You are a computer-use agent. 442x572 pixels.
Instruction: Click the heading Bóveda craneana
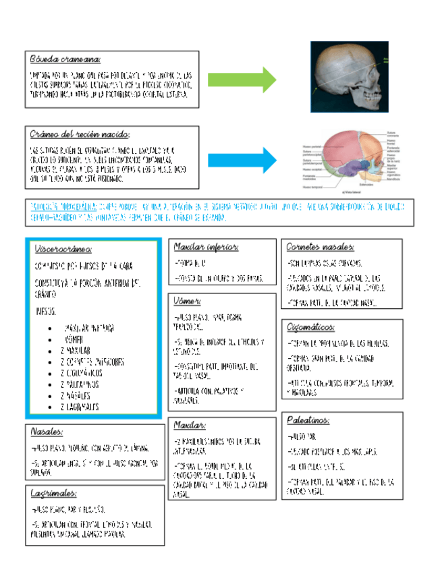[65, 59]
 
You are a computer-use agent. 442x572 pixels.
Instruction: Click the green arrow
[242, 79]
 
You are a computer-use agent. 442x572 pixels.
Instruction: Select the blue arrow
[242, 161]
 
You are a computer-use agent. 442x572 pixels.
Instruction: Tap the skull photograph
[348, 75]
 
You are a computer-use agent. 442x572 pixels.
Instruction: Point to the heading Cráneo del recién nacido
[80, 134]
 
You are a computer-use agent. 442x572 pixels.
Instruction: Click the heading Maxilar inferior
[206, 247]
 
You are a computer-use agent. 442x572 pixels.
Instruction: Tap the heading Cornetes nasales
[321, 247]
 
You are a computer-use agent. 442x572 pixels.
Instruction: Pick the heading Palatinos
[308, 420]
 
